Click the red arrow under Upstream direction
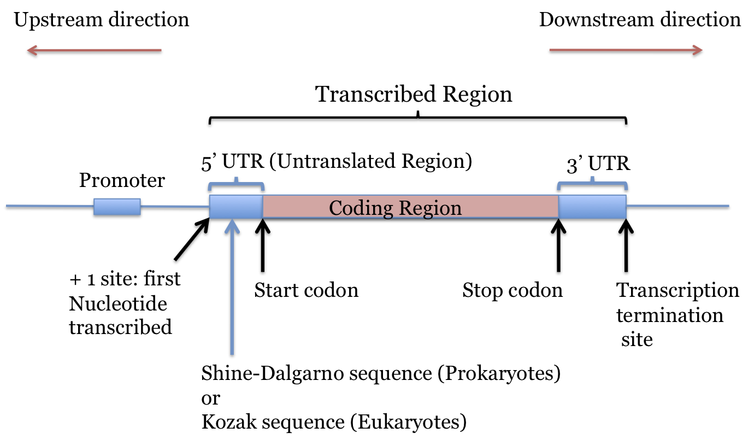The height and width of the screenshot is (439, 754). (94, 51)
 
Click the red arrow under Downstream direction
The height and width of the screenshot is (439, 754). (626, 51)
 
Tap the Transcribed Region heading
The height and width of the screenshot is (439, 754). (414, 95)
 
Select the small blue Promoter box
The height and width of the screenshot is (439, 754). (117, 207)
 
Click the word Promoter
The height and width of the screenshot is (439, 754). (122, 180)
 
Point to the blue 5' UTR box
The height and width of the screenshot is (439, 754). (236, 207)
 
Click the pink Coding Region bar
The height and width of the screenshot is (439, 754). (410, 207)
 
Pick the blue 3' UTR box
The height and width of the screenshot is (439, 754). (592, 207)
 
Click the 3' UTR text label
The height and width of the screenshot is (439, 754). (598, 164)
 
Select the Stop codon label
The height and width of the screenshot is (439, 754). (513, 290)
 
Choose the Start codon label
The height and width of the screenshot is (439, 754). (306, 290)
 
